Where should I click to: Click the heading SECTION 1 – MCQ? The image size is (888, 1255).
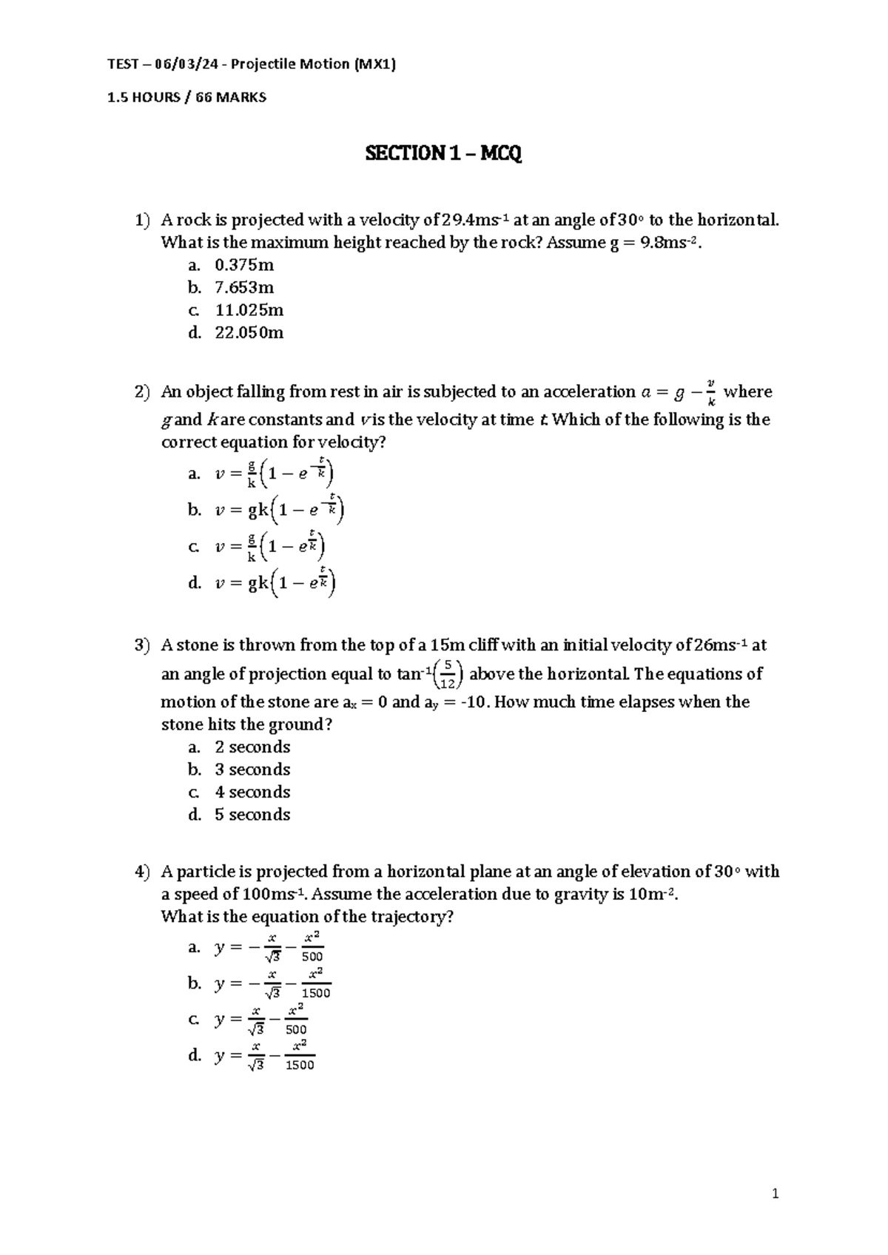(443, 154)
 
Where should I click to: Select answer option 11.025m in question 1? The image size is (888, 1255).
(249, 310)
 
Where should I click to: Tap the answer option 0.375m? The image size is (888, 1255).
(244, 265)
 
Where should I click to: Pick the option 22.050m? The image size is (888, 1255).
(249, 332)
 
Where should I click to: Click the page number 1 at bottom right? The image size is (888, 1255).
(776, 1193)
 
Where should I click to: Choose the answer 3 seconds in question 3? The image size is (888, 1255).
(252, 770)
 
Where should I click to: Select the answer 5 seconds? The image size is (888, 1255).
(252, 815)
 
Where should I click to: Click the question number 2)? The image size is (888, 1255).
(142, 392)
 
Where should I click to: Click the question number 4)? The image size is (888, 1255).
(142, 872)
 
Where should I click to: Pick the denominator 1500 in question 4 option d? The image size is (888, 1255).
(300, 1066)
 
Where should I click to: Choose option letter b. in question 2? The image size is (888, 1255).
(195, 510)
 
